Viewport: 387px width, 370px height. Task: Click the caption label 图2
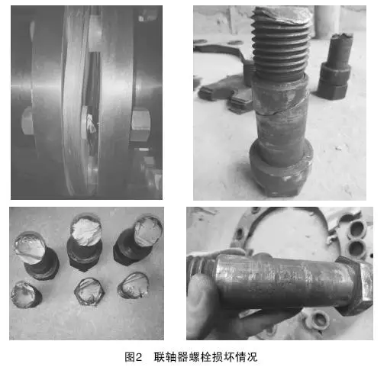[133, 357]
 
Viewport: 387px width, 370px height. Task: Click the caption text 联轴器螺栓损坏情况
[205, 357]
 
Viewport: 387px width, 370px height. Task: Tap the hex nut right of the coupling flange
[140, 124]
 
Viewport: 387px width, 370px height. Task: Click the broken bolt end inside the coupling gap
[91, 124]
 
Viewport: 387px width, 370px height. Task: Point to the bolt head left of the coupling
[27, 121]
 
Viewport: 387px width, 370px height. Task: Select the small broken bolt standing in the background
[335, 66]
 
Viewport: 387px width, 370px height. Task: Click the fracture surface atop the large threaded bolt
[281, 14]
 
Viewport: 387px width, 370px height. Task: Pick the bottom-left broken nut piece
[26, 294]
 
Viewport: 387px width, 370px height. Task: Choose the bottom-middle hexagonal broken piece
[89, 291]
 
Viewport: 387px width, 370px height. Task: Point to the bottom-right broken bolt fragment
[134, 285]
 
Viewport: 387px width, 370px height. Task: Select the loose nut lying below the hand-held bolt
[317, 321]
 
